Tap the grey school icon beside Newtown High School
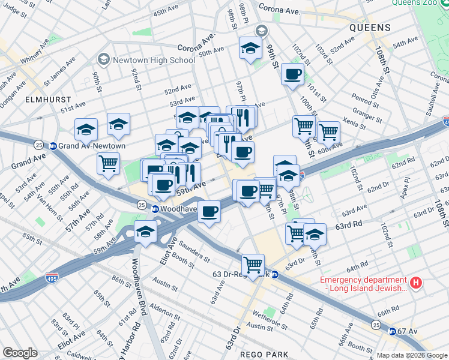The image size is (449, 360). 103,60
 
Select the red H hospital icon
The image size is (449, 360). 415,281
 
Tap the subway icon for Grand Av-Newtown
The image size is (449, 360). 53,146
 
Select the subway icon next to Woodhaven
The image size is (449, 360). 155,209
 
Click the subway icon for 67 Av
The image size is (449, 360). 391,331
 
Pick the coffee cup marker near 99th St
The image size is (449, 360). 292,74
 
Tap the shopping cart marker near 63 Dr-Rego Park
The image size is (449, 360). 253,264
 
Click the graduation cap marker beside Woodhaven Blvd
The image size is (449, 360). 145,232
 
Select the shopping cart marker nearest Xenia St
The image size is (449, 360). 328,131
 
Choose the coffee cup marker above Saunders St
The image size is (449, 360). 209,212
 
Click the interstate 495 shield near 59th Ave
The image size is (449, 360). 52,278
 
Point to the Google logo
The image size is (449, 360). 20,353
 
